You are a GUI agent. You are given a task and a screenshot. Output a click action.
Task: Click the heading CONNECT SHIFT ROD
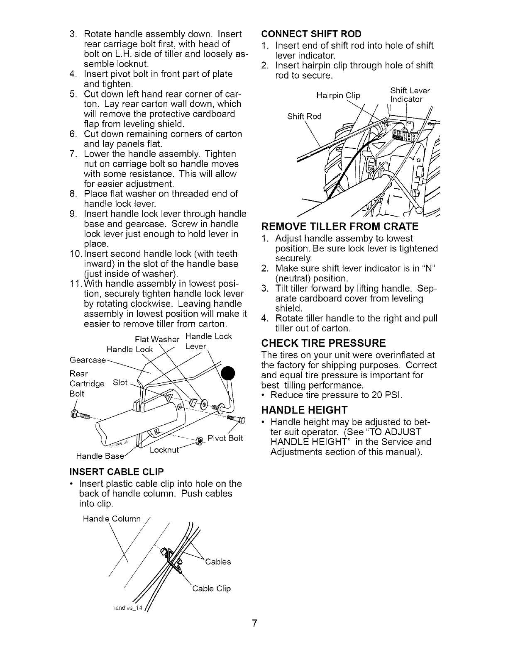[311, 34]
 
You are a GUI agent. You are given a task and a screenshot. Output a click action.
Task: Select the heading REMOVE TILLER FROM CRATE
[339, 226]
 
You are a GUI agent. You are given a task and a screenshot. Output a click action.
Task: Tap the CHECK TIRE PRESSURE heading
[324, 343]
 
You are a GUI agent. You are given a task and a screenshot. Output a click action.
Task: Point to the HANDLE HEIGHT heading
[304, 410]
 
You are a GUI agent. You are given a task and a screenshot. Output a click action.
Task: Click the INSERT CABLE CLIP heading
[117, 472]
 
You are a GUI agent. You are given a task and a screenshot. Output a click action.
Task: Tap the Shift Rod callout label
[304, 117]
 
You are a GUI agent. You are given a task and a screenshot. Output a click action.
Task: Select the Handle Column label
[112, 518]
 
